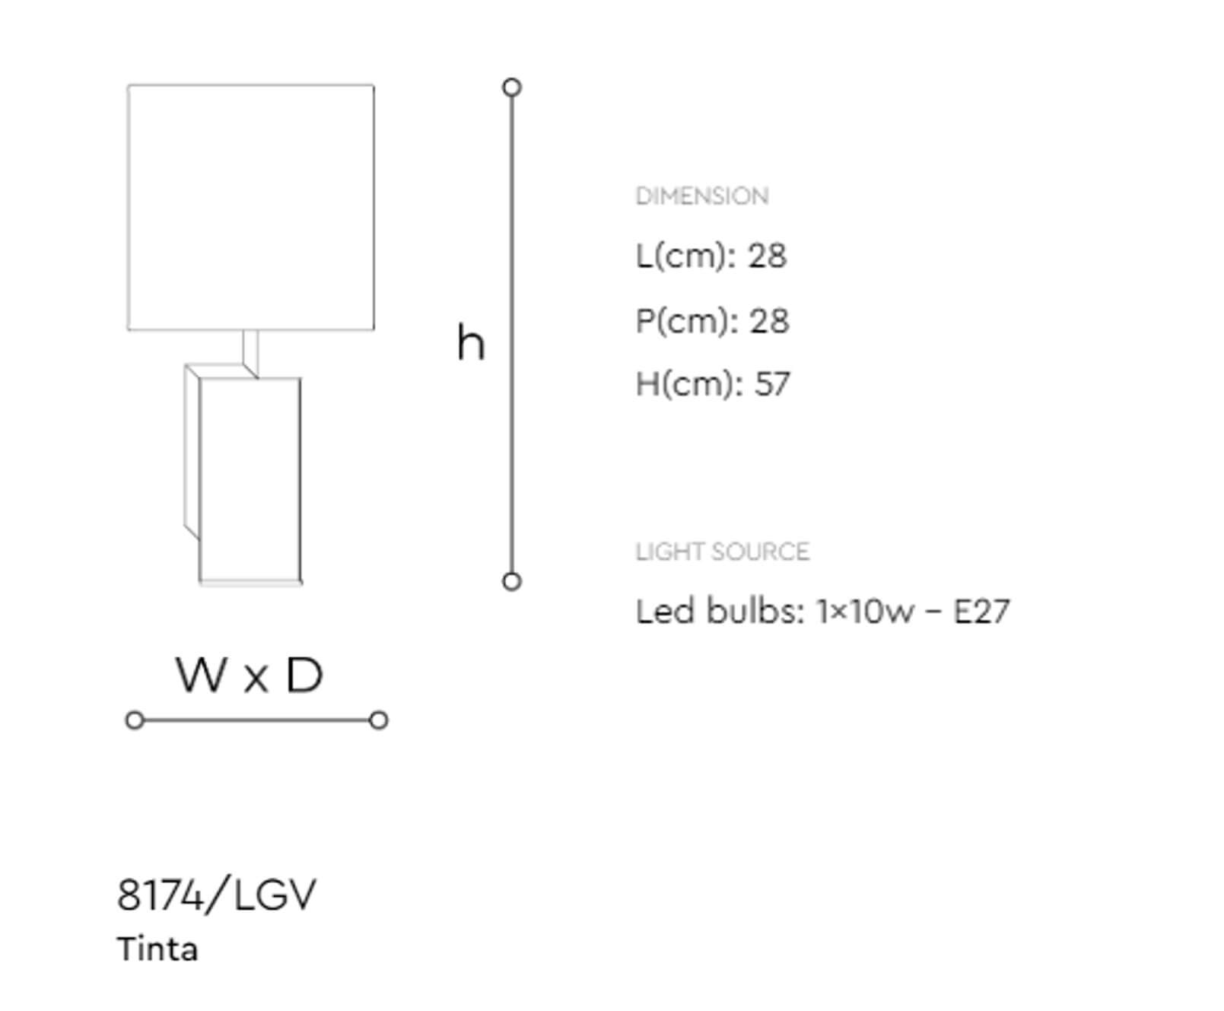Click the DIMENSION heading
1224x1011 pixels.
tap(701, 196)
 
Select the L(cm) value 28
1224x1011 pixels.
tap(767, 256)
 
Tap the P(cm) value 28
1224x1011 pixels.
tap(769, 320)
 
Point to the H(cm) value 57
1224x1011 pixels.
tap(772, 383)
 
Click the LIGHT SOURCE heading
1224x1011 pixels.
tap(722, 552)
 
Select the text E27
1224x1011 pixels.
tap(981, 611)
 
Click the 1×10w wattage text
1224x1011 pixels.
tap(865, 611)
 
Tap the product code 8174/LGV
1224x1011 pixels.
tap(217, 895)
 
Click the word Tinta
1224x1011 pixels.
tap(157, 949)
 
